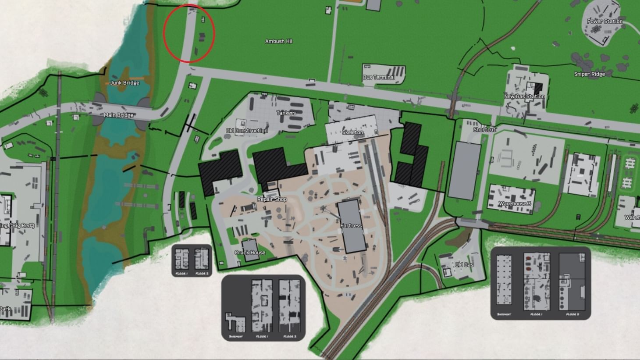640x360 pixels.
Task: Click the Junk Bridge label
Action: tap(124, 82)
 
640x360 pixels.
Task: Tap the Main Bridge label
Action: tap(118, 115)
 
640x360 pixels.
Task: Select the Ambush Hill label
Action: tap(278, 41)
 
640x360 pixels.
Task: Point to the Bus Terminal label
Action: tap(379, 77)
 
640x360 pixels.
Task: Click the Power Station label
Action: tap(604, 21)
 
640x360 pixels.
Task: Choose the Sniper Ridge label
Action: tap(589, 74)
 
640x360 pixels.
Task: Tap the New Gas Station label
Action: tap(524, 96)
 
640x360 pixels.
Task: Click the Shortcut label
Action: tap(484, 129)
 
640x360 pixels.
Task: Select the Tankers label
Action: tap(286, 113)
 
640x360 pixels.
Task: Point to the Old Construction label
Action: tap(246, 131)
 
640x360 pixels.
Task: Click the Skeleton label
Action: tap(352, 132)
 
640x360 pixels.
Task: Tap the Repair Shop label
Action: tap(272, 199)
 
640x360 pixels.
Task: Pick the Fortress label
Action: tap(351, 226)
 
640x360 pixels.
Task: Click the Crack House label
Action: tap(250, 253)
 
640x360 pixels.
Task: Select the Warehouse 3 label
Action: tap(515, 203)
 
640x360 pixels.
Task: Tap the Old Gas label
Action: tap(464, 264)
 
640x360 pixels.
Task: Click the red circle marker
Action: tap(188, 34)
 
